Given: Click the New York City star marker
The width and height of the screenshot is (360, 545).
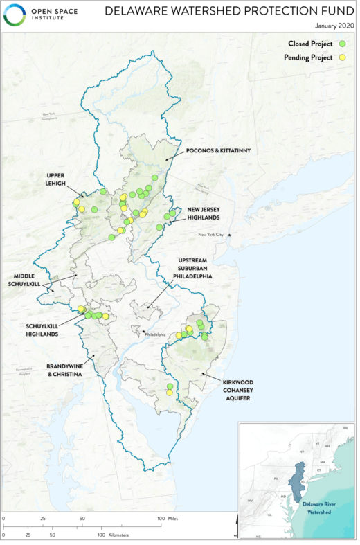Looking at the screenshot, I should pos(230,235).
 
